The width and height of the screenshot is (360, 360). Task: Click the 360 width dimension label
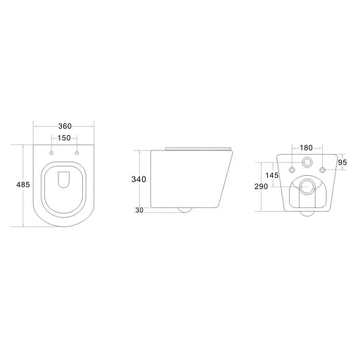pyautogui.click(x=64, y=127)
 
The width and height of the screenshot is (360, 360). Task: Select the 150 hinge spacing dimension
pyautogui.click(x=64, y=139)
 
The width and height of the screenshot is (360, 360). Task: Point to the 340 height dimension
pyautogui.click(x=139, y=179)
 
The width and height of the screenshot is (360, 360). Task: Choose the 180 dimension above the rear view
pyautogui.click(x=307, y=148)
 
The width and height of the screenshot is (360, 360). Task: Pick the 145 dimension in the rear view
pyautogui.click(x=273, y=175)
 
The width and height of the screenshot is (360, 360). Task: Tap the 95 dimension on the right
pyautogui.click(x=342, y=162)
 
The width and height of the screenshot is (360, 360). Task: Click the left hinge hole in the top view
pyautogui.click(x=53, y=153)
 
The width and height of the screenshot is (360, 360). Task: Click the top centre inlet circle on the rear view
pyautogui.click(x=307, y=162)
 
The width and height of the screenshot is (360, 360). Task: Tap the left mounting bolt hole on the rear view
pyautogui.click(x=292, y=170)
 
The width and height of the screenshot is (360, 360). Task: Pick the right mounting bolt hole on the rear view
pyautogui.click(x=322, y=170)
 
